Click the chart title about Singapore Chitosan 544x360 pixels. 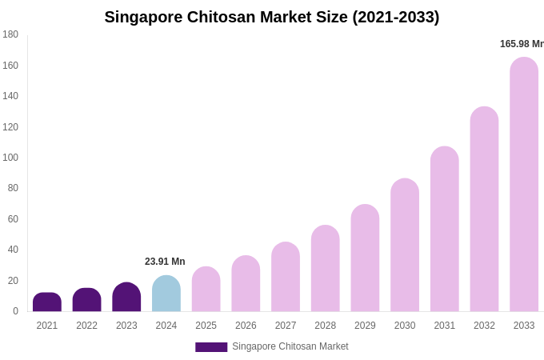(271, 17)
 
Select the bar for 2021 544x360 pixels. (47, 302)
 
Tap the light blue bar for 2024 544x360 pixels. (166, 294)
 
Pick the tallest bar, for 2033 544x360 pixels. (524, 184)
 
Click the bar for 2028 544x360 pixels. (326, 269)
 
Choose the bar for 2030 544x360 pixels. (405, 246)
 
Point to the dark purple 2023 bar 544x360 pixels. (126, 298)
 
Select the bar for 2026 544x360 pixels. (246, 284)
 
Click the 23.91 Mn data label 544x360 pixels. (165, 262)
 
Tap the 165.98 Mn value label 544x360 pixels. (522, 44)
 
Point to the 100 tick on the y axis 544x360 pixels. (10, 158)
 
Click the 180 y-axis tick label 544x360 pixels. (10, 34)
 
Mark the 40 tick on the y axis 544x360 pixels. (13, 250)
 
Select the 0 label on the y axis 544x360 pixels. (15, 311)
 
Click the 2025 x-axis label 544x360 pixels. (206, 326)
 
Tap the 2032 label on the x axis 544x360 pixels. (484, 326)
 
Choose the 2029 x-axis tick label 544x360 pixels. (365, 326)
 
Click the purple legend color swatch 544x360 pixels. (211, 347)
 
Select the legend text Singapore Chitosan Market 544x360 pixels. (290, 346)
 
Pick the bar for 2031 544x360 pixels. (445, 230)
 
